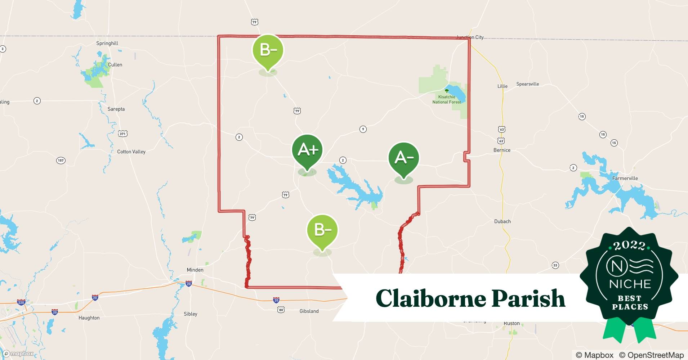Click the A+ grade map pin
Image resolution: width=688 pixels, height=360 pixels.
click(307, 150)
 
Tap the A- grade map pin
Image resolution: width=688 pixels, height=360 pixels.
click(403, 158)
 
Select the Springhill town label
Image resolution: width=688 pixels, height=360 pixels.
click(107, 43)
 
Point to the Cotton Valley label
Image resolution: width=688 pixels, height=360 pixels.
click(131, 152)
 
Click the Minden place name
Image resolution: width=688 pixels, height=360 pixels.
click(195, 270)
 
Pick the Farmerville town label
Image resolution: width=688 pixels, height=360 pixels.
click(625, 178)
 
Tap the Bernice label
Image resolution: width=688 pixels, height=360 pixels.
click(502, 150)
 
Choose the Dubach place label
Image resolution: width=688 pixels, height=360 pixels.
click(502, 221)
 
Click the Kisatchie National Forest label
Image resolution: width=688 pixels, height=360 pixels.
click(447, 99)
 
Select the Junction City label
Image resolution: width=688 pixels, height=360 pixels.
click(470, 37)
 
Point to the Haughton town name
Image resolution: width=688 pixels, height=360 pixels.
click(89, 318)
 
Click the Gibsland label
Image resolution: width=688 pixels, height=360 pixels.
click(309, 311)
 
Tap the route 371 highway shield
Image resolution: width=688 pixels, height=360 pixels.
click(123, 134)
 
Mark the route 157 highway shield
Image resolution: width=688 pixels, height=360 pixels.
click(61, 160)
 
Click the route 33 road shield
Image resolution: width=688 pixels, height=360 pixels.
click(555, 265)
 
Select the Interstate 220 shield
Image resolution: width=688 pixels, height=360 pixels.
click(21, 302)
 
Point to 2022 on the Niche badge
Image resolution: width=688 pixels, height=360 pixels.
click(629, 246)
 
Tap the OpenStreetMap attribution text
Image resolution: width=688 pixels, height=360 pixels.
click(651, 355)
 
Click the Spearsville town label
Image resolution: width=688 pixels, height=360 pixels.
click(527, 84)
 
